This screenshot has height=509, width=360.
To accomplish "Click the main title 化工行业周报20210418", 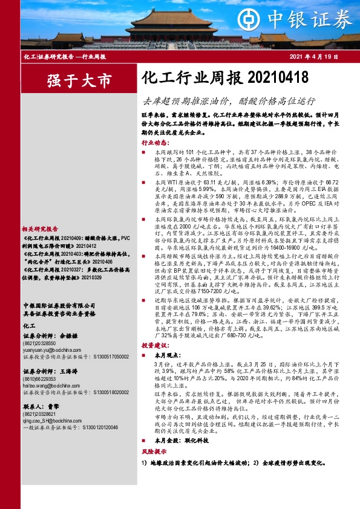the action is (224, 79).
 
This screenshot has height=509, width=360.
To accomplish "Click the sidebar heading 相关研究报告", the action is (40, 229).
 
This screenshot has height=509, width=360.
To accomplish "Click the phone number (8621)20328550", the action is (42, 325).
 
